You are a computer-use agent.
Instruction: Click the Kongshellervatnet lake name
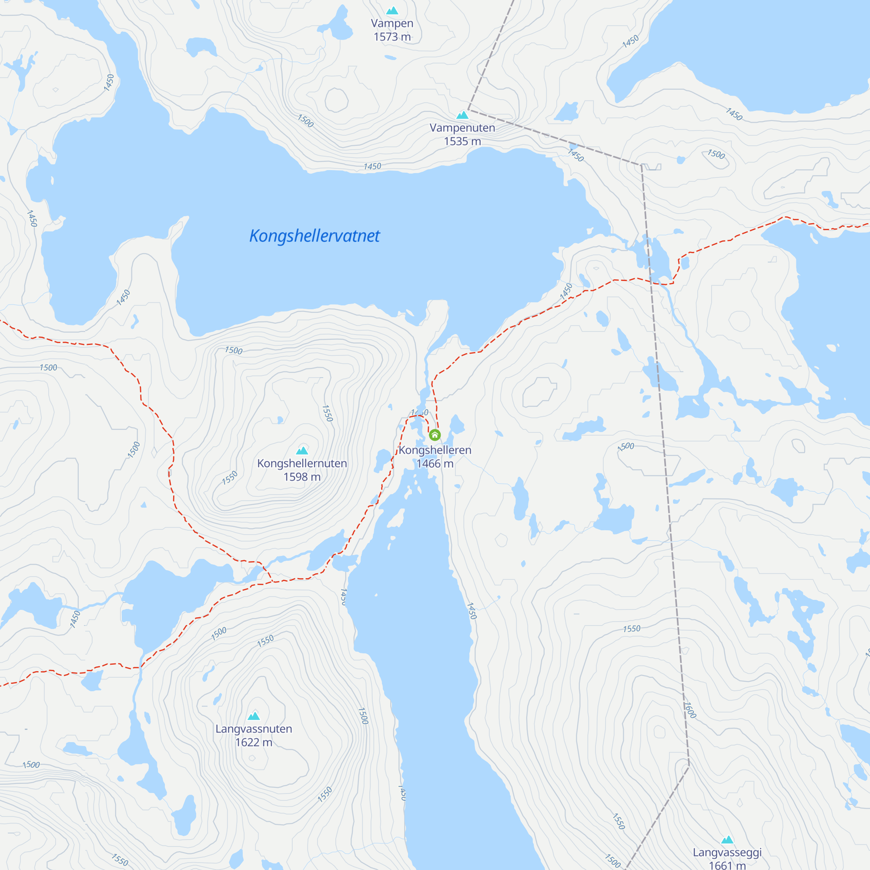tap(315, 236)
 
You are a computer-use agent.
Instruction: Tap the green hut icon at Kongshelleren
tap(435, 435)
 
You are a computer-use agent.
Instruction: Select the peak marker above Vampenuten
tap(462, 115)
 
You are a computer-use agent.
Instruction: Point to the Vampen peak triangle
tap(392, 10)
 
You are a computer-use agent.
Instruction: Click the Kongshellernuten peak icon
tap(302, 450)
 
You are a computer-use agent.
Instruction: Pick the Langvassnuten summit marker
tap(254, 716)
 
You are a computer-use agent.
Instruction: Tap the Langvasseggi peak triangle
tap(728, 840)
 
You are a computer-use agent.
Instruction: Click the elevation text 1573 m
tap(392, 37)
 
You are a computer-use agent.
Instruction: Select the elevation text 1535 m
tap(462, 141)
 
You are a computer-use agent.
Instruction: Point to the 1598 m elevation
tap(302, 477)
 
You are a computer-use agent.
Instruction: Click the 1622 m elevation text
tap(254, 743)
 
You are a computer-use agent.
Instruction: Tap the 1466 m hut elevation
tap(435, 464)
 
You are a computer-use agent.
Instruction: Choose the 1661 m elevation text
tap(728, 865)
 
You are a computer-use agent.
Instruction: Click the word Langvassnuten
tap(254, 729)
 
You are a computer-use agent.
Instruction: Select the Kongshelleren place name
tap(435, 450)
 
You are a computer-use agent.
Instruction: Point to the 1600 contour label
tap(690, 711)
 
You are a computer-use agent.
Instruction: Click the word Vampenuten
tap(462, 128)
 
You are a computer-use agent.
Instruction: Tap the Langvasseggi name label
tap(728, 853)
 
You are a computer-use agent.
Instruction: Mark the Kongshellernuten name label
tap(302, 463)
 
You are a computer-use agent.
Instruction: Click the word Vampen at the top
tap(392, 23)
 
